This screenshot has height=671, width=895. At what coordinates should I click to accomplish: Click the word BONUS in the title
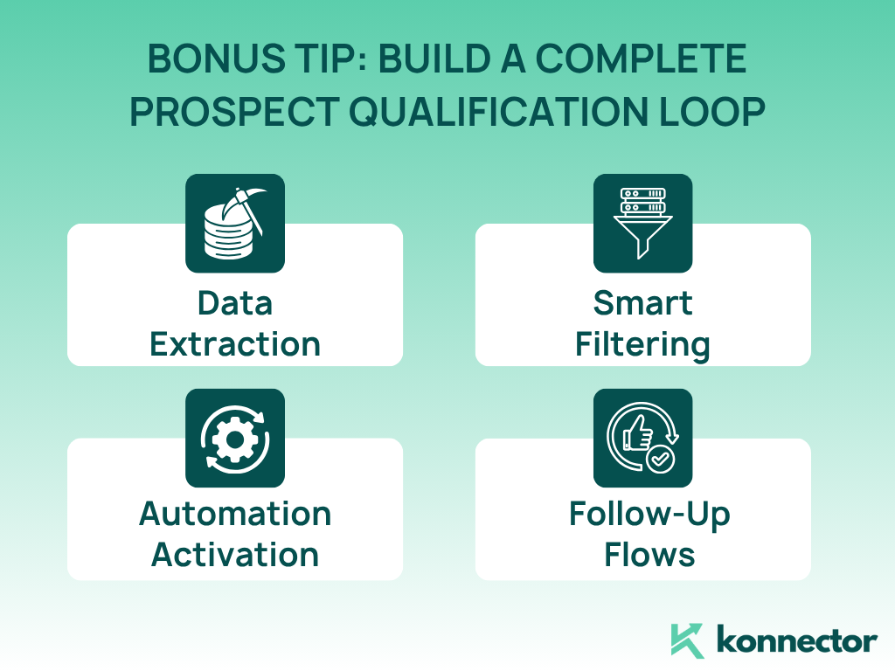(217, 59)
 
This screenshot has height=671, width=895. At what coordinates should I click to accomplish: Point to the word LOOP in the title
(712, 111)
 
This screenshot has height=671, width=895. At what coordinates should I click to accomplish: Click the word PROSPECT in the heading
(235, 111)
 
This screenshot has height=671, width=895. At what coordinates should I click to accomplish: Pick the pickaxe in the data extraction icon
(246, 208)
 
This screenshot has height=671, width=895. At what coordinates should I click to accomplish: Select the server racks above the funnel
(642, 201)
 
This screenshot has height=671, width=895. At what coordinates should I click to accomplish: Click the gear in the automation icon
(235, 439)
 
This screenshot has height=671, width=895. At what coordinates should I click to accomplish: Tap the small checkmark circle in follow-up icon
(661, 459)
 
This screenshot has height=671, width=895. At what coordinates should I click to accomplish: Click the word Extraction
(235, 344)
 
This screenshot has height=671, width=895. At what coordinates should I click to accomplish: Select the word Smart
(642, 303)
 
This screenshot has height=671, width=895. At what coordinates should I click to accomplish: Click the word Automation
(235, 514)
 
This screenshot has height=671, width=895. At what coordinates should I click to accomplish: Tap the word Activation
(235, 555)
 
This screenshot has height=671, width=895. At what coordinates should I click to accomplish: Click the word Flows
(649, 555)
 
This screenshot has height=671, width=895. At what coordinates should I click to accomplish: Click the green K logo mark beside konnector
(687, 640)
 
